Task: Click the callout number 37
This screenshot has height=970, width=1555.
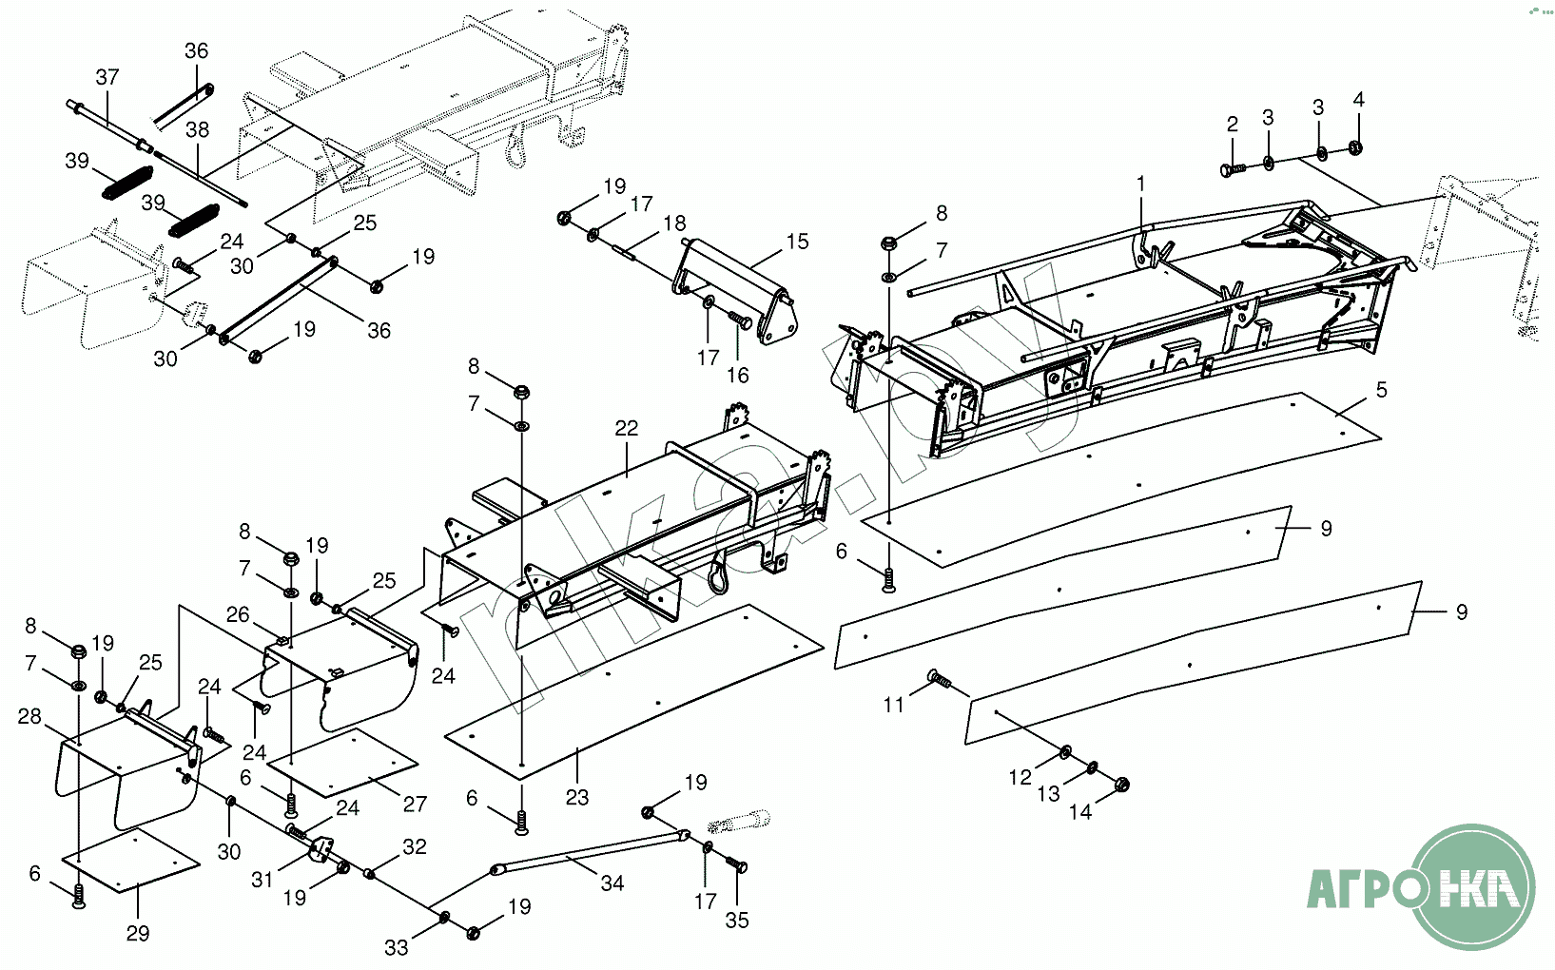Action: point(107,77)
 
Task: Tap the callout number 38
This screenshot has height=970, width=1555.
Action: point(197,129)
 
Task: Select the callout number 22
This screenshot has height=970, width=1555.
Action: point(626,428)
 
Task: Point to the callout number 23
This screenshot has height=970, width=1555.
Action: point(577,797)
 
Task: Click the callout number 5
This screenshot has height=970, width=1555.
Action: point(1381,389)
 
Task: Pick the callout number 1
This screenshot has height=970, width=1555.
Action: point(1141,184)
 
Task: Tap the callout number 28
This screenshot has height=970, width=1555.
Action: point(29,716)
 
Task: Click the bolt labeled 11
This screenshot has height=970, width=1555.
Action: point(939,679)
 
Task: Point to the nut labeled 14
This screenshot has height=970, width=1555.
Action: point(1120,785)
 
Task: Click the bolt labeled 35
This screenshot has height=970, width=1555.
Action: point(737,864)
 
